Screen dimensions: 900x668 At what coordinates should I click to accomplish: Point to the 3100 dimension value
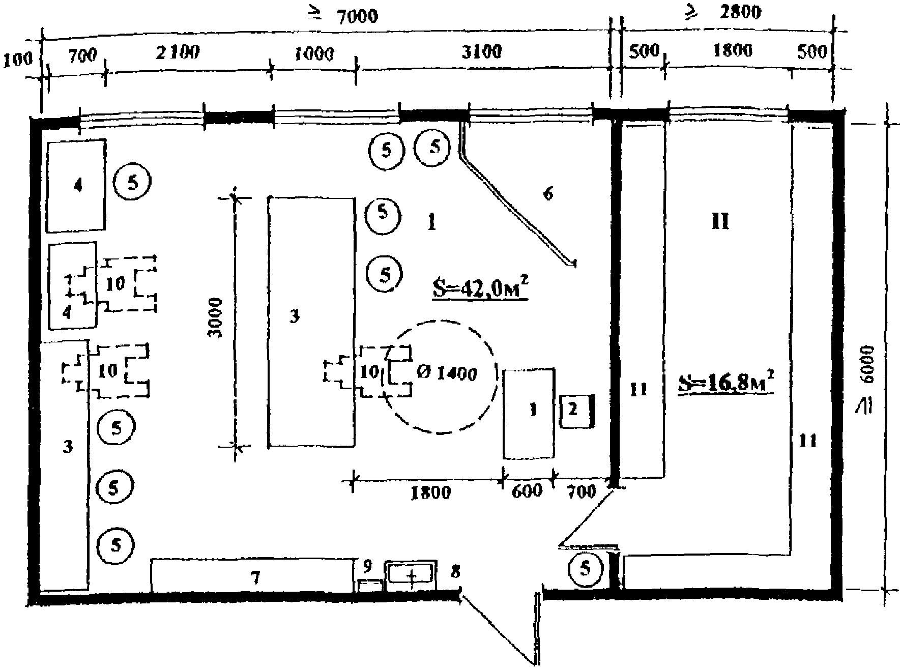481,51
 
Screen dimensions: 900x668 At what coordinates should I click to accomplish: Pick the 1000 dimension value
314,53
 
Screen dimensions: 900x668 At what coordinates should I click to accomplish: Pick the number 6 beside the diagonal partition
547,193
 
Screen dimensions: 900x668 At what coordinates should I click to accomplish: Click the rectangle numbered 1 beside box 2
529,413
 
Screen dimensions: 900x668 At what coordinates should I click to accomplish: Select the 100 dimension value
17,60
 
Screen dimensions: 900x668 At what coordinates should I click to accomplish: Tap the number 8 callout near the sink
455,571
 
